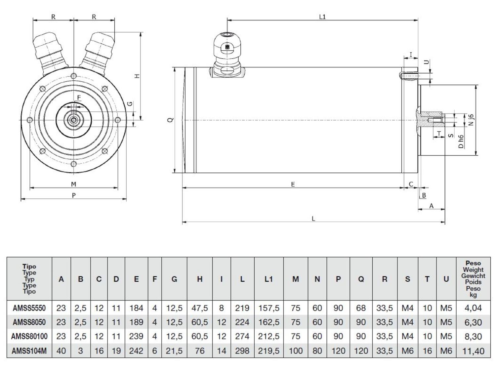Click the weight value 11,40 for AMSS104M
click(473, 351)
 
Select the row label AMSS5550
click(29, 308)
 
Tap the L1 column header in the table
click(269, 279)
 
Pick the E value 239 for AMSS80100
click(136, 336)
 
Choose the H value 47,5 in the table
click(199, 308)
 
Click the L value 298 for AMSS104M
click(242, 351)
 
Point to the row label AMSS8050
click(29, 322)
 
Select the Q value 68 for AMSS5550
click(361, 308)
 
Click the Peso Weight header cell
click(473, 279)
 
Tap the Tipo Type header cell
click(29, 279)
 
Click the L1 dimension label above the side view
click(322, 17)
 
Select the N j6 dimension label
click(471, 120)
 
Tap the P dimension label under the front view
click(74, 195)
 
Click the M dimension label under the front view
click(74, 184)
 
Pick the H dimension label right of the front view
click(137, 76)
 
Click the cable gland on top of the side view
click(227, 53)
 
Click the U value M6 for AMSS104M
click(446, 351)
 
